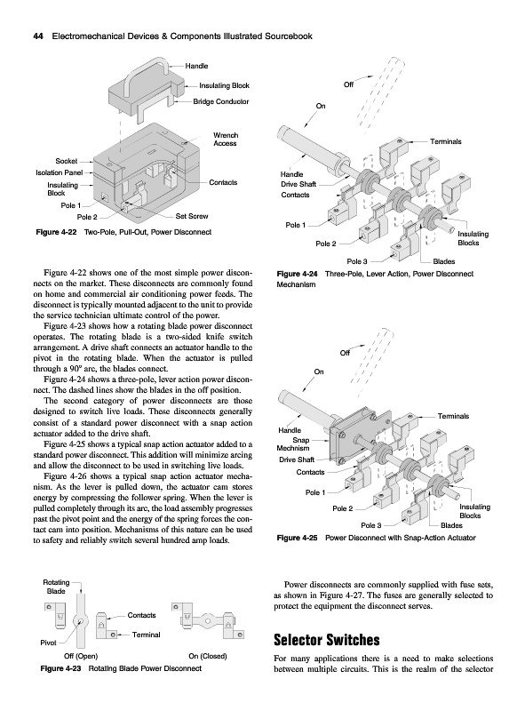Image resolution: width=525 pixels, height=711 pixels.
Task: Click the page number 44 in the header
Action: point(38,36)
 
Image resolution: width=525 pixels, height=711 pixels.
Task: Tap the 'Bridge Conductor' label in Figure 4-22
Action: point(221,101)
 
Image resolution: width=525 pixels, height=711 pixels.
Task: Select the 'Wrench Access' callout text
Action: point(226,140)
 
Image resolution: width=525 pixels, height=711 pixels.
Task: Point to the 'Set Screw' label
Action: point(192,216)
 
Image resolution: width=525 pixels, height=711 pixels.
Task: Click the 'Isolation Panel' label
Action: point(60,172)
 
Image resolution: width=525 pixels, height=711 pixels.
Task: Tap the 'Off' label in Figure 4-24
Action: point(348,84)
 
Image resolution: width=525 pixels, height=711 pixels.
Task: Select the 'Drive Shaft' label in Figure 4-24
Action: point(298,184)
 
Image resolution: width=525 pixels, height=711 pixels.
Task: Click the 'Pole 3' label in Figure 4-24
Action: point(357,261)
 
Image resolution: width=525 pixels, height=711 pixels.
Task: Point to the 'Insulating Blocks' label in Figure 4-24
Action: point(473,238)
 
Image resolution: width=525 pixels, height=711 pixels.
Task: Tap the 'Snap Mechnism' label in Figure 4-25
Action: point(293,443)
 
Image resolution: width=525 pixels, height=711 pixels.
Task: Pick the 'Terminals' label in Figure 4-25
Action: point(453,416)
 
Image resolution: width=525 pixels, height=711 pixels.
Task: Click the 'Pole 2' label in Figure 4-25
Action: point(342,508)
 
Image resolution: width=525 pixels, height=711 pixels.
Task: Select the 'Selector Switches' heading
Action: point(326,640)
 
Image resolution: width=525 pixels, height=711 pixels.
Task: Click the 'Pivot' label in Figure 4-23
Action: point(49,643)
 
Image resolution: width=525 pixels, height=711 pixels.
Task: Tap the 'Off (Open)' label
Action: point(81,656)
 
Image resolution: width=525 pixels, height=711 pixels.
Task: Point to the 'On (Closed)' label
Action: point(208,656)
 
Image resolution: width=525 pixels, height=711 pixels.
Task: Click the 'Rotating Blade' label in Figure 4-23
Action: point(56,587)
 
